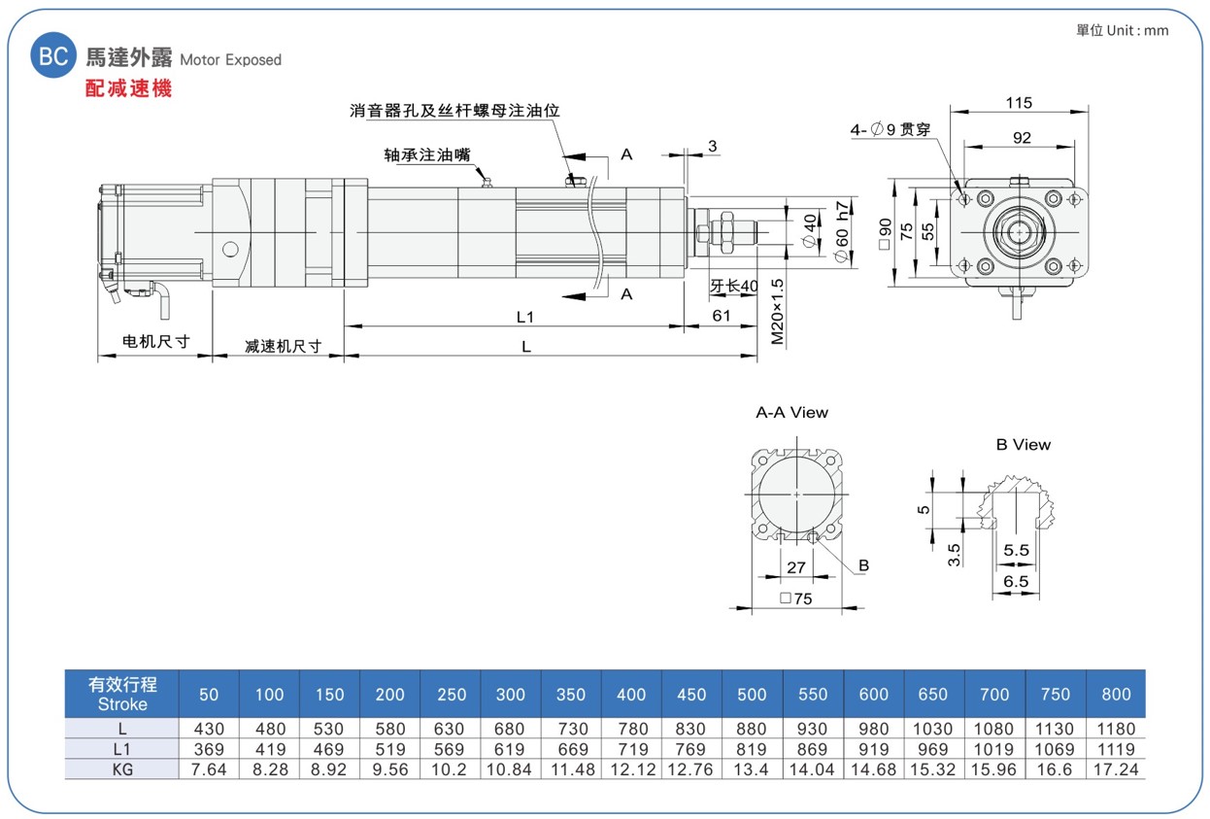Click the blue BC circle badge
point(53,55)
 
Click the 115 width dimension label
point(1019,103)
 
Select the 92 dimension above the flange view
point(1022,138)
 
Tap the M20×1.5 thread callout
point(777,312)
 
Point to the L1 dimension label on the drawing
point(525,317)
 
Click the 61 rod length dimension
point(722,316)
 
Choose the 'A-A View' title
point(791,413)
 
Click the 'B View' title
point(1024,445)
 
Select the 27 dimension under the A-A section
point(795,567)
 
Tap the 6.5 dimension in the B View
point(1016,581)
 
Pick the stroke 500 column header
point(752,695)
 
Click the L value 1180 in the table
point(1116,729)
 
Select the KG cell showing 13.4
point(751,769)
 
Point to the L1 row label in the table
point(122,749)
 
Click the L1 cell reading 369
point(209,749)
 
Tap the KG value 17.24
point(1116,769)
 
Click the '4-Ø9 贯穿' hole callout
point(891,129)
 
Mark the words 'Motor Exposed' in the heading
point(231,59)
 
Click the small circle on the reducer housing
point(231,249)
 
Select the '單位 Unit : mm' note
point(1122,30)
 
